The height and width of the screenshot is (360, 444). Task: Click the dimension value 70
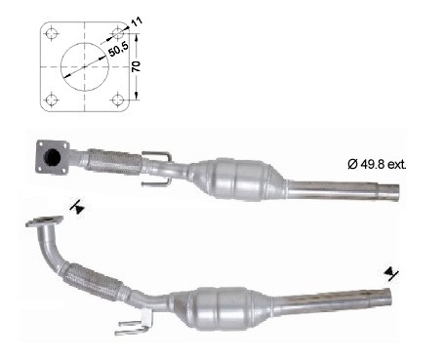coord(136,66)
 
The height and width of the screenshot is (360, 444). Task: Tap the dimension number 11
coord(137,22)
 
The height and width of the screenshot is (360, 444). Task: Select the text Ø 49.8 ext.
coord(377,164)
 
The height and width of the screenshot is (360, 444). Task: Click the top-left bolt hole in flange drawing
coord(52,33)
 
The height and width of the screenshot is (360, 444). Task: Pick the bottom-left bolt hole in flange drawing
coord(52,100)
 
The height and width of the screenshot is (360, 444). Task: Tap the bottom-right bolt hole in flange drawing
coord(117,100)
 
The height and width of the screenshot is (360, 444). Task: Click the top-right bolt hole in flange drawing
coord(117,33)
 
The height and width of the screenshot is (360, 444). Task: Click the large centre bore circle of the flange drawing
coord(85,43)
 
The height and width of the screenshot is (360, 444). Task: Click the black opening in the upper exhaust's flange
coord(52,158)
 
